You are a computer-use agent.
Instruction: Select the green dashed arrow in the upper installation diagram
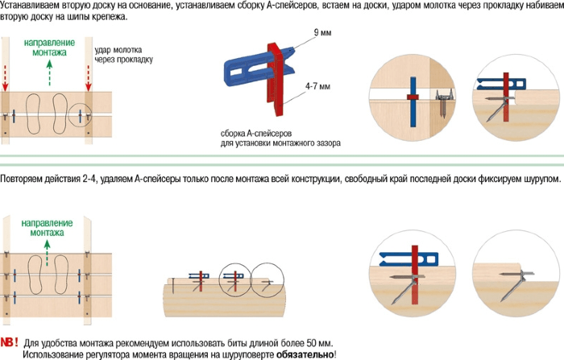pos(48,76)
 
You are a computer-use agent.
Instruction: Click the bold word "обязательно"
pos(305,354)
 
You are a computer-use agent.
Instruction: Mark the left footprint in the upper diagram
pos(37,114)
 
